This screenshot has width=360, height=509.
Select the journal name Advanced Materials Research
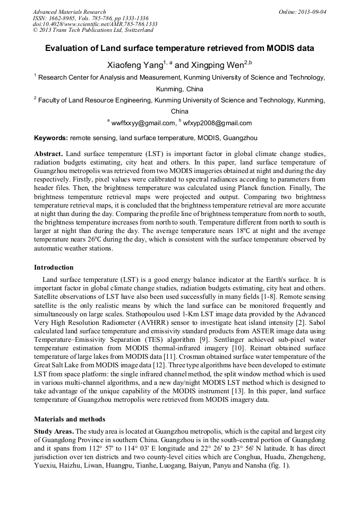[69, 11]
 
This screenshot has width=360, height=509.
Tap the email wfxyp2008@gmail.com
[217, 123]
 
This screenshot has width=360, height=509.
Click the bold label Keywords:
[51, 138]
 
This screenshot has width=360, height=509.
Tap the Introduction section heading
[54, 267]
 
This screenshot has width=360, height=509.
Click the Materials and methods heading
[70, 419]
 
